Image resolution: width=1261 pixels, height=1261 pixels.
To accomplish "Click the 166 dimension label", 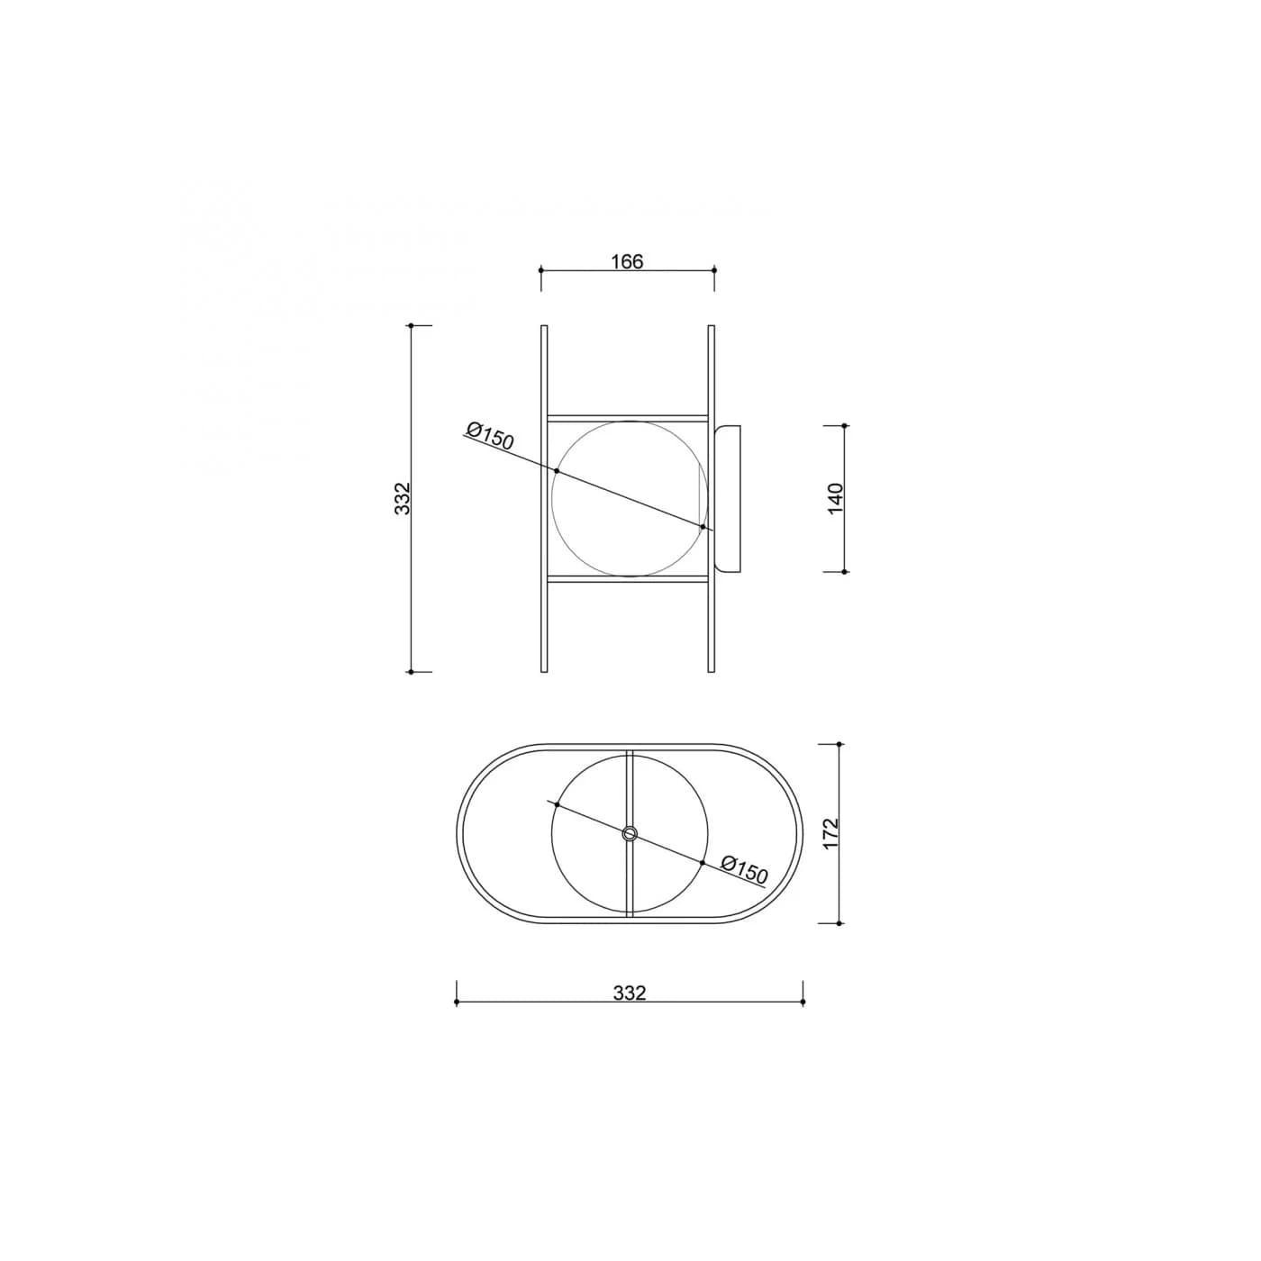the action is (627, 262).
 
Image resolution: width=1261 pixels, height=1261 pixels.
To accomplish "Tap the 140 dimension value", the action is (836, 498).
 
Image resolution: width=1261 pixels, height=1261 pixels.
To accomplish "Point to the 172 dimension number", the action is (830, 834).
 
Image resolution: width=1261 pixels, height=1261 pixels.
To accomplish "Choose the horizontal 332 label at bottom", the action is (630, 993).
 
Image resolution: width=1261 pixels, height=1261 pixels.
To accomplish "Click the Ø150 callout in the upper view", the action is (490, 437).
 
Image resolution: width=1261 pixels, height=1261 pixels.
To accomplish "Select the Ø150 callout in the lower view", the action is (744, 870).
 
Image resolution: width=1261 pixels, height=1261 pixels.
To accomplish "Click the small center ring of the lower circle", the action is (630, 833).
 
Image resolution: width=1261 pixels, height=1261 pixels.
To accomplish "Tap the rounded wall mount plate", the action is (729, 498).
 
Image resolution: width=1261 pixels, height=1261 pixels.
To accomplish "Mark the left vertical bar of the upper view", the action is (544, 499).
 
